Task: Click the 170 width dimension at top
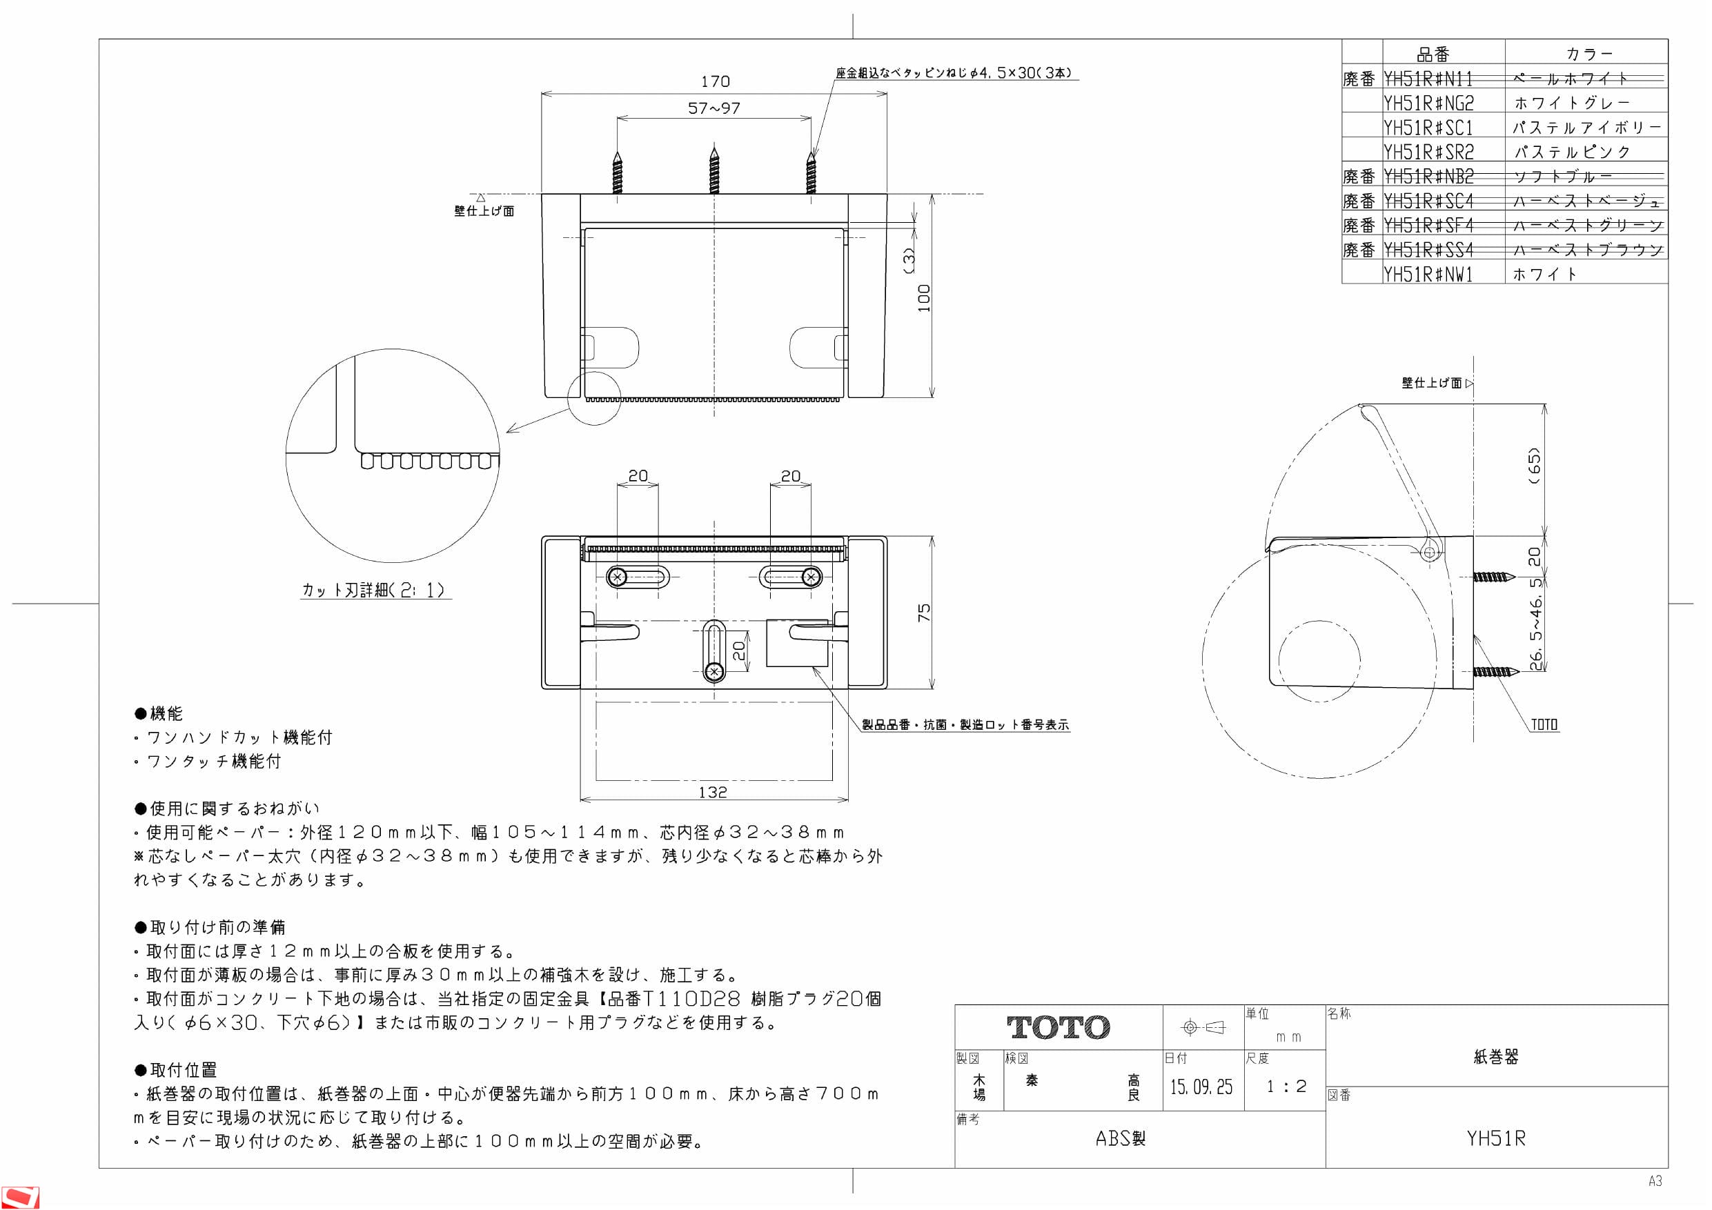(x=714, y=81)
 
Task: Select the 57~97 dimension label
(x=714, y=108)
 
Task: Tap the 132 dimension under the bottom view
(x=712, y=793)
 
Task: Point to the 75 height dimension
(x=924, y=612)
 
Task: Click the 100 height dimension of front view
(x=924, y=297)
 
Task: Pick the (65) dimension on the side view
(x=1533, y=466)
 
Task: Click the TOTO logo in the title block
(x=1057, y=1027)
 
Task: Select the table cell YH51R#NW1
(x=1428, y=275)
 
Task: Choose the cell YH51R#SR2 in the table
(x=1428, y=152)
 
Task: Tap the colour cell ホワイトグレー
(x=1571, y=103)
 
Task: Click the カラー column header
(x=1588, y=54)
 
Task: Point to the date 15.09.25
(x=1201, y=1087)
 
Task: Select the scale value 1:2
(x=1286, y=1087)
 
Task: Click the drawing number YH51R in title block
(x=1496, y=1138)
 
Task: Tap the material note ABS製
(x=1120, y=1138)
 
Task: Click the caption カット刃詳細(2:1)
(x=374, y=591)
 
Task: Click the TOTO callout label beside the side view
(x=1544, y=724)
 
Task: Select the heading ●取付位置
(x=176, y=1070)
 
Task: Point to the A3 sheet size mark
(x=1655, y=1181)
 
